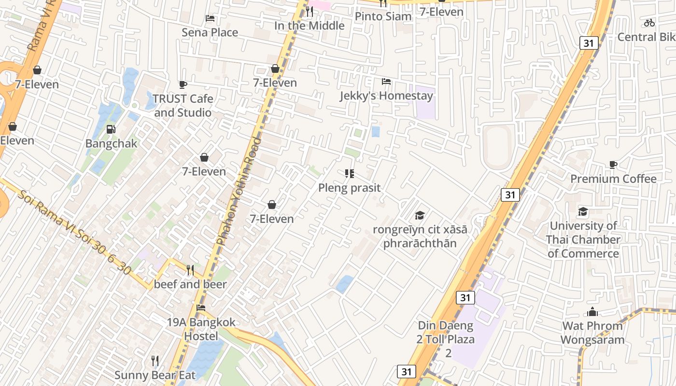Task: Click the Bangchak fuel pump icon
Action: (x=111, y=129)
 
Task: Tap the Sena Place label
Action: (x=210, y=32)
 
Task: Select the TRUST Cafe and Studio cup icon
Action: (x=183, y=85)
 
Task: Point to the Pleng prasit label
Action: (x=349, y=188)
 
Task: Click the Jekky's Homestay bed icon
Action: (x=386, y=82)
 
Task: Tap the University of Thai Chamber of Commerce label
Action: (x=583, y=239)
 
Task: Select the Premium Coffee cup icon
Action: (x=613, y=165)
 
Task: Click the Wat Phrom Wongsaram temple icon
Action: (x=592, y=312)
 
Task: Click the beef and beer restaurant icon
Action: (x=190, y=270)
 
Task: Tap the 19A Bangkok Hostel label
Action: (x=201, y=329)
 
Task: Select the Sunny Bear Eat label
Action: (x=155, y=375)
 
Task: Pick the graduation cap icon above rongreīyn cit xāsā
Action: (x=420, y=215)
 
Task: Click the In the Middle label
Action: (x=310, y=26)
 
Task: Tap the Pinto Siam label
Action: (x=383, y=16)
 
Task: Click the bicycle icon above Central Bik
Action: (x=649, y=23)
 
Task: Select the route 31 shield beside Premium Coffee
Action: (x=510, y=195)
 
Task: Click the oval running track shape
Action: (x=497, y=147)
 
